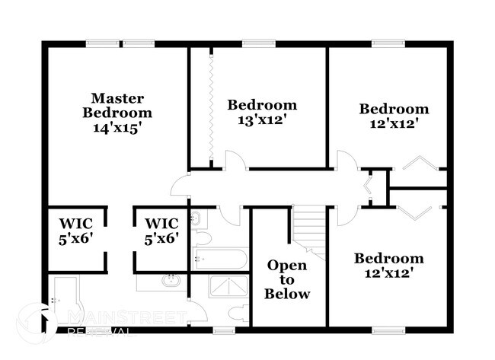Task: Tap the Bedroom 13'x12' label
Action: coord(262,112)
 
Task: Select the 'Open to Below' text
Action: coord(287,279)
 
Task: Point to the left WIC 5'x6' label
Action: coord(75,231)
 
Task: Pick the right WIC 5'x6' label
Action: coord(161,231)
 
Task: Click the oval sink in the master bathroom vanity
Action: coord(170,281)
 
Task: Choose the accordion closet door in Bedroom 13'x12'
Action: coord(209,107)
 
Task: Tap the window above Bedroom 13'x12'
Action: coord(259,44)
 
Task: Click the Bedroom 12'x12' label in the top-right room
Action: coord(394,116)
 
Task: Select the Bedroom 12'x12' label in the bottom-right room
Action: coord(388,265)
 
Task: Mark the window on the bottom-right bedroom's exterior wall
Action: coord(388,330)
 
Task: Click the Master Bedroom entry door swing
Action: coord(180,186)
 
